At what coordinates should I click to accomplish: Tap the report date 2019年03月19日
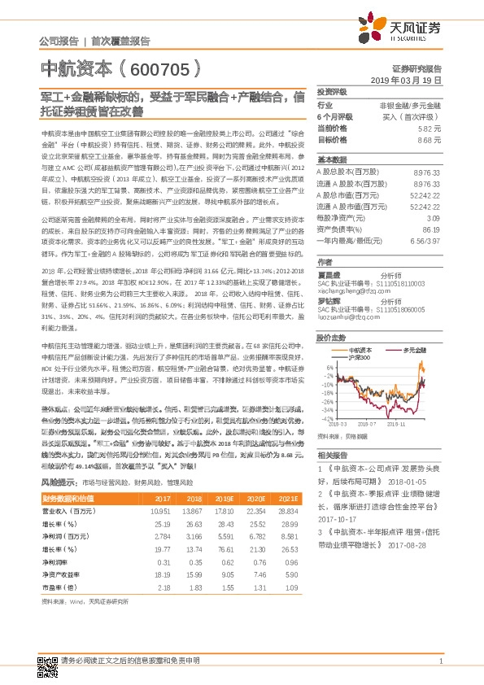coord(411,81)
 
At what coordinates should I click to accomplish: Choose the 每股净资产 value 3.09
coord(434,219)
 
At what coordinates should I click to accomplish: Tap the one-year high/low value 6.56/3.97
coord(424,242)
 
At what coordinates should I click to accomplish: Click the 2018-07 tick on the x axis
coord(367,424)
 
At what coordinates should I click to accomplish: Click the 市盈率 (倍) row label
coord(60,587)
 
